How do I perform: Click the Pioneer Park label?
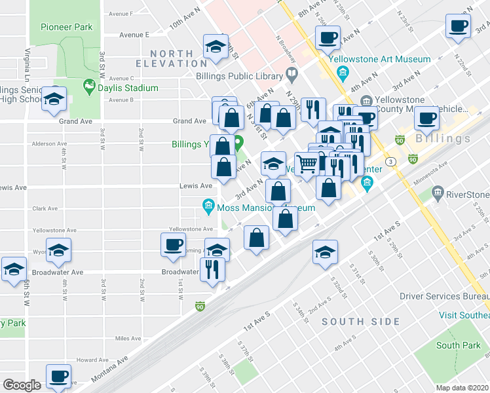click(x=66, y=27)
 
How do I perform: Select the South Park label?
click(x=458, y=345)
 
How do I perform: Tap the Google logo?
click(x=21, y=384)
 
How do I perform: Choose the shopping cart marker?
click(x=307, y=164)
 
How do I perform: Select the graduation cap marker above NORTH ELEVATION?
click(x=214, y=47)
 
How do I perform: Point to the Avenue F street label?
click(x=121, y=13)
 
